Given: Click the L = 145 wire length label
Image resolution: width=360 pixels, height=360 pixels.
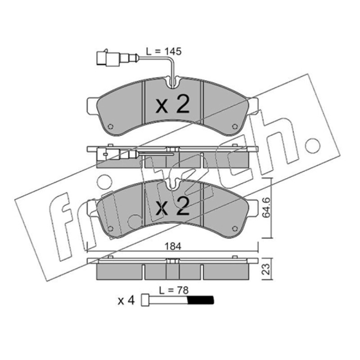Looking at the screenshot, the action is [164, 51].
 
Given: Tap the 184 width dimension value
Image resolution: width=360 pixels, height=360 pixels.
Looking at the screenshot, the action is [173, 246].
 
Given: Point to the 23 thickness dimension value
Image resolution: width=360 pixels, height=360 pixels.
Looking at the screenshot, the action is [266, 269].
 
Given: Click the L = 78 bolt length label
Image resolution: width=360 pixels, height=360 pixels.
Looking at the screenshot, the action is [174, 290].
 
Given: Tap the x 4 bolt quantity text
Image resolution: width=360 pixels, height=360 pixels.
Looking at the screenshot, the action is [126, 300].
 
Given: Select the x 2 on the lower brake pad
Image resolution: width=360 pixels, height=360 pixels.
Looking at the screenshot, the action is [172, 206].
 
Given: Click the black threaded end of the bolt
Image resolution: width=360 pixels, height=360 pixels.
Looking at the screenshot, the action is [201, 300].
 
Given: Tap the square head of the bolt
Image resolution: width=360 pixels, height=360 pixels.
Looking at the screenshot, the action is [145, 300].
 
